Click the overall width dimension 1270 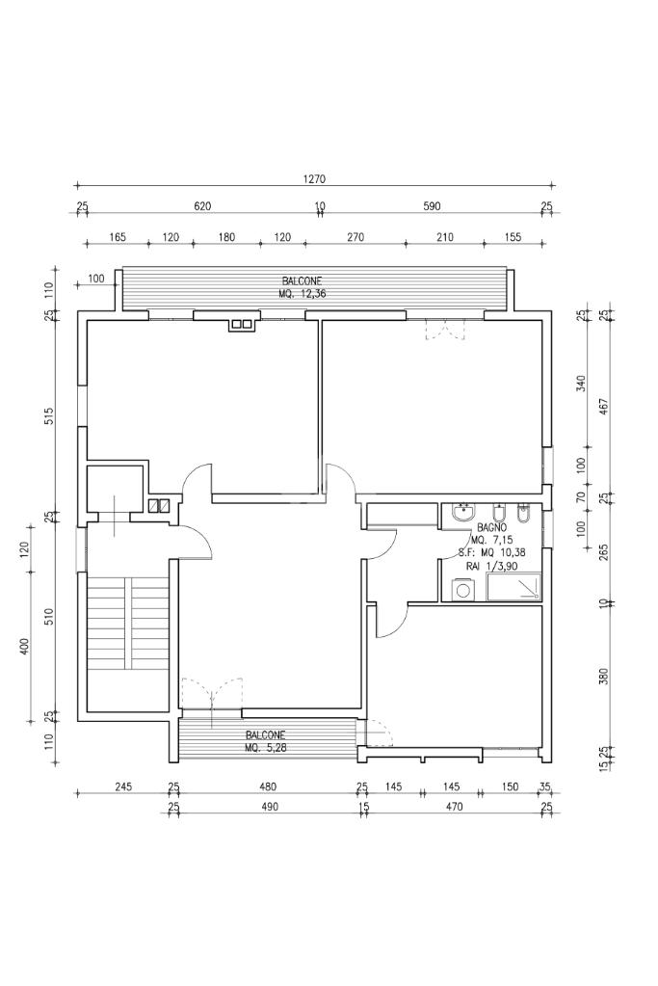(x=314, y=178)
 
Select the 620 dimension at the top (x=202, y=205)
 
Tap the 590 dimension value (x=432, y=205)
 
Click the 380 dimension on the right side (x=604, y=676)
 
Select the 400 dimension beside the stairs (x=25, y=647)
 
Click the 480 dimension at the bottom (x=269, y=786)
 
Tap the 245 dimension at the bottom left (x=124, y=786)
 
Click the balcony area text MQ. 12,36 (x=303, y=293)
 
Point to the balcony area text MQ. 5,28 (x=267, y=747)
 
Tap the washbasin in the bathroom (x=464, y=513)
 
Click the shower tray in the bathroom (x=513, y=586)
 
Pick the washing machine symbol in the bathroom (x=463, y=590)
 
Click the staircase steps (x=128, y=625)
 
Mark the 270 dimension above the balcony (x=355, y=237)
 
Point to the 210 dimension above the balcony (x=444, y=237)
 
